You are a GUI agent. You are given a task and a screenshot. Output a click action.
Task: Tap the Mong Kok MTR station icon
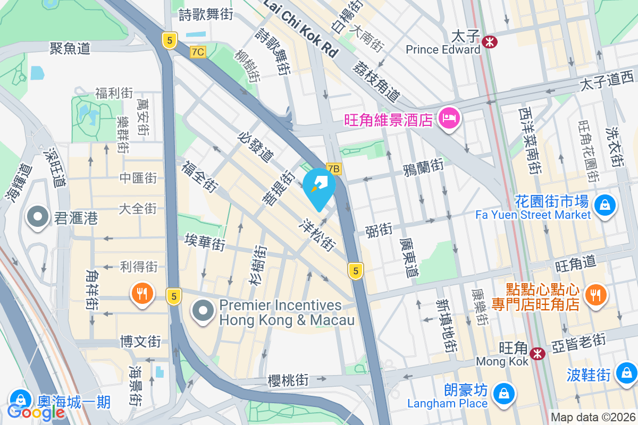538,352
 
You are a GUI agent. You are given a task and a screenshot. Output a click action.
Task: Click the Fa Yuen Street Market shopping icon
605,204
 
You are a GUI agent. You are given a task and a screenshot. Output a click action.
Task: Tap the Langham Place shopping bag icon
502,394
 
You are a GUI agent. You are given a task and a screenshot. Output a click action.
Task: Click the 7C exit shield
198,52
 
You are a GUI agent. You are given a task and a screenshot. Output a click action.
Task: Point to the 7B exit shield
333,169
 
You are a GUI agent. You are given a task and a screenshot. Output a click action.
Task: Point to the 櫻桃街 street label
288,380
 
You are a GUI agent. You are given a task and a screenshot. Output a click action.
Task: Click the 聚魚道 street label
70,48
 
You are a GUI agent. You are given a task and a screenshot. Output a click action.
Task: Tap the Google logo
36,411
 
